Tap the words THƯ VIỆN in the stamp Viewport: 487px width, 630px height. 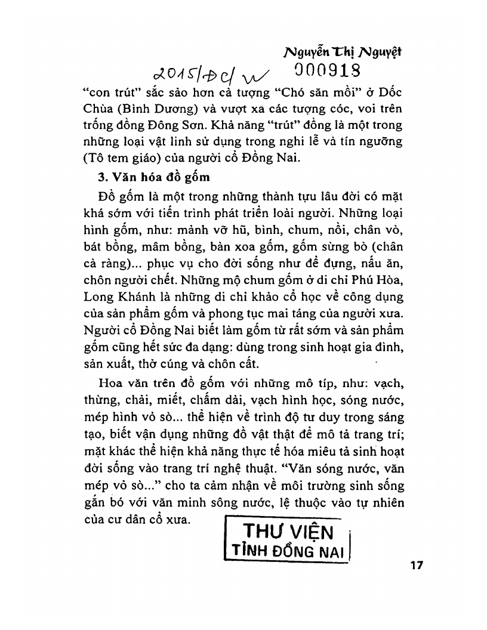click(x=288, y=530)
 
